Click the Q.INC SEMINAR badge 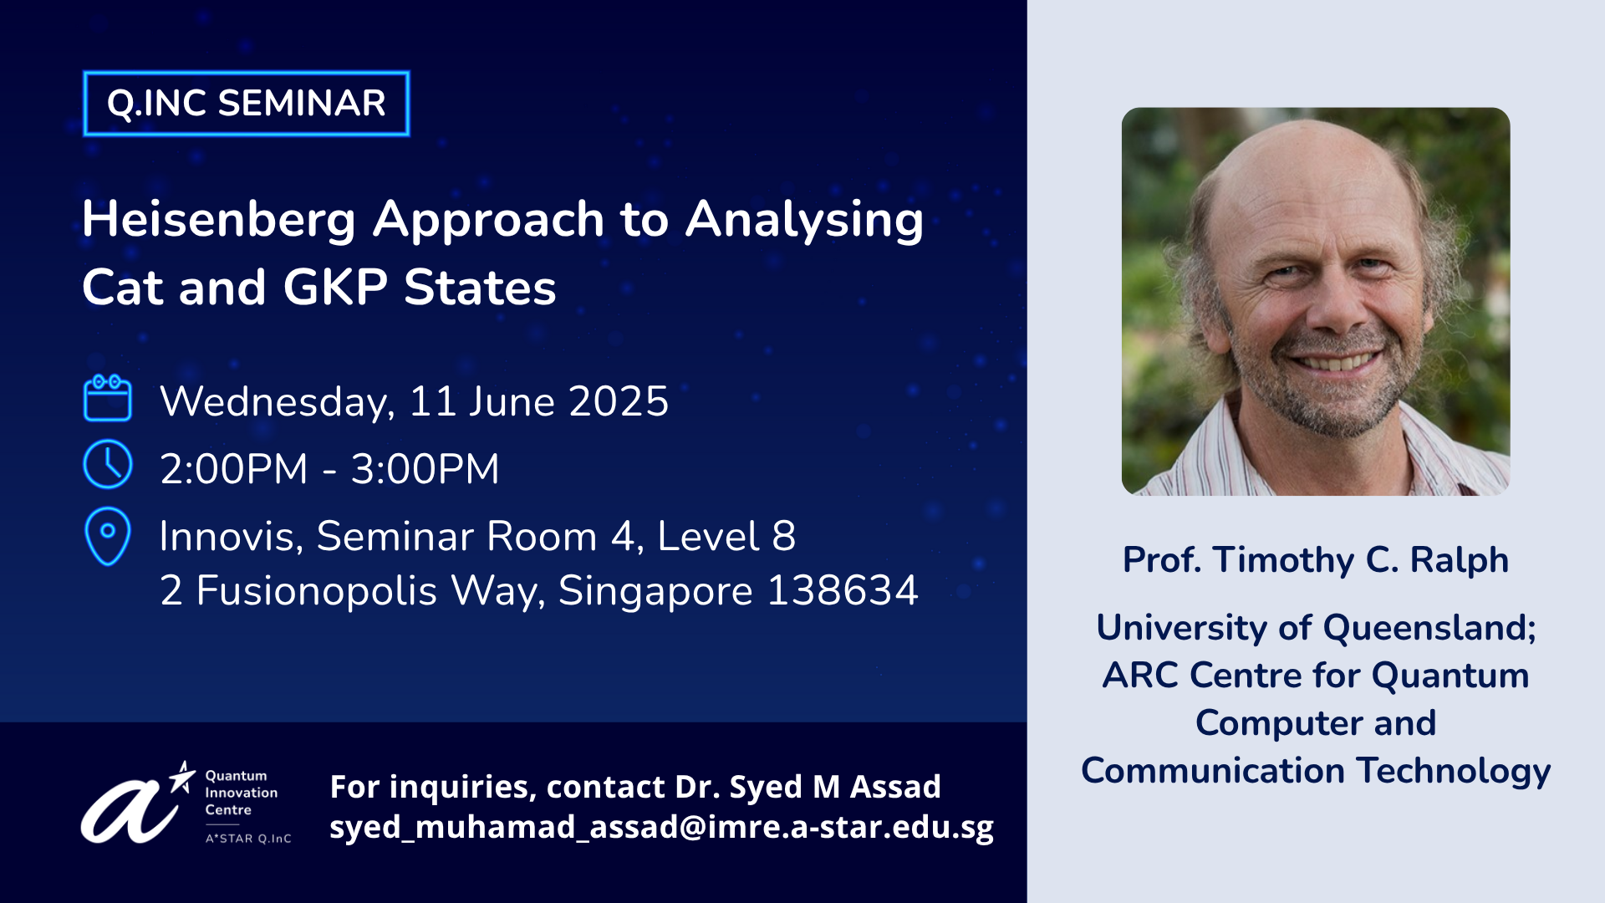pos(247,104)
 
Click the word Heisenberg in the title pos(219,221)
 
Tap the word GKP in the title pos(335,288)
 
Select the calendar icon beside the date pos(108,398)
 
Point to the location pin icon pos(108,537)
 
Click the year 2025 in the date pos(619,401)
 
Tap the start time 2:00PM pos(234,468)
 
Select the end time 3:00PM pos(425,468)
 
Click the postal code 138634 pos(843,590)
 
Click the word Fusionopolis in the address pos(317,592)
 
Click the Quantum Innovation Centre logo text pos(242,793)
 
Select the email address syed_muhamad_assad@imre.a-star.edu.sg pos(661,827)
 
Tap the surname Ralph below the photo pos(1460,560)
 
